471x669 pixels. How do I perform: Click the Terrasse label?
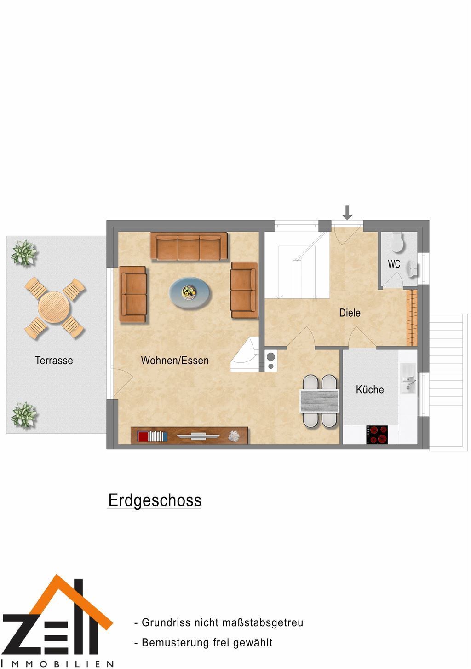point(54,360)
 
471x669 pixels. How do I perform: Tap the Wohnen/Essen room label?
point(175,360)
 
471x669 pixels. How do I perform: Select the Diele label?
point(350,313)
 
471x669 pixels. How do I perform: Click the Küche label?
point(370,390)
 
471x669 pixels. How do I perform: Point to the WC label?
point(394,264)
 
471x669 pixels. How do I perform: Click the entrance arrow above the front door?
point(347,212)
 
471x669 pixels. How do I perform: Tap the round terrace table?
point(54,307)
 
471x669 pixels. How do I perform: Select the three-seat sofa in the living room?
point(189,246)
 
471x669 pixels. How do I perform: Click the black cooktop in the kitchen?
point(377,435)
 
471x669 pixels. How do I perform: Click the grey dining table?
point(320,401)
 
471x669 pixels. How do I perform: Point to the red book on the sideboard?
point(143,436)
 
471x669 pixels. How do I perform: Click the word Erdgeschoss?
point(155,500)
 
